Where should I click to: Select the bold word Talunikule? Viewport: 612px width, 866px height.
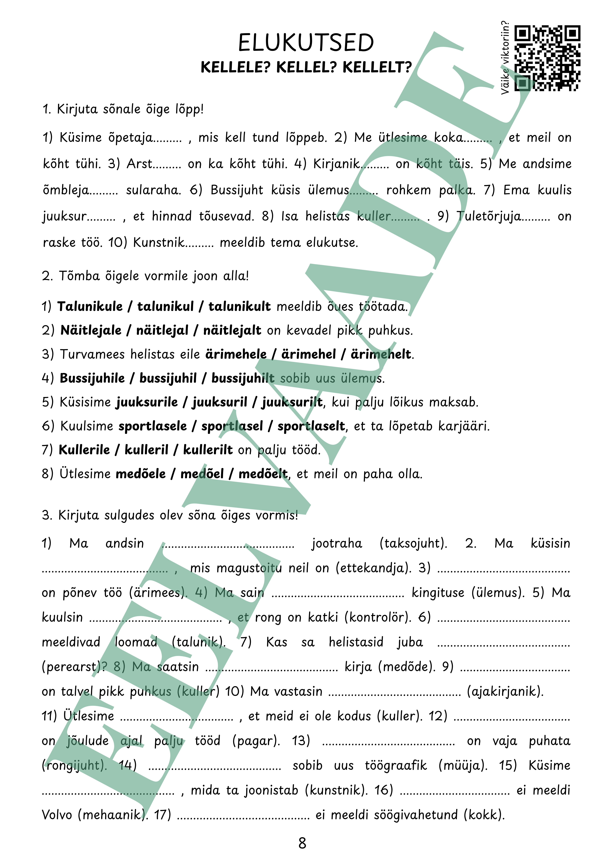[x=90, y=306]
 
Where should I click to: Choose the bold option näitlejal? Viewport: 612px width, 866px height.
[x=162, y=330]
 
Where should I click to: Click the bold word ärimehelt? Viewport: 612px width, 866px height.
[x=381, y=354]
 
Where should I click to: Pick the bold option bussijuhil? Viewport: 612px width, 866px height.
[x=168, y=378]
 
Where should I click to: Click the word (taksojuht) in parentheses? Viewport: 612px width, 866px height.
[x=413, y=544]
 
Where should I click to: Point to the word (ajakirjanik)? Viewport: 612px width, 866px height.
[x=505, y=691]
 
